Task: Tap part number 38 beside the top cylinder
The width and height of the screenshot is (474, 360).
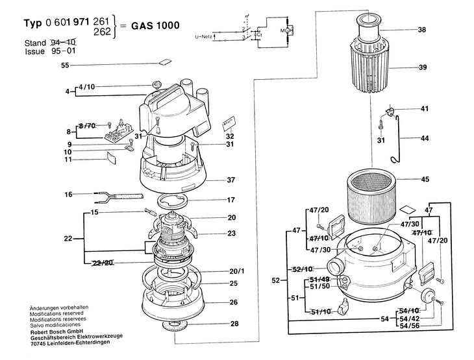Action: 422,30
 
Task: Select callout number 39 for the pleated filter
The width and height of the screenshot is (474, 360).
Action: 422,68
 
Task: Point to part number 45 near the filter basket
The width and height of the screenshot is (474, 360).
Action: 425,180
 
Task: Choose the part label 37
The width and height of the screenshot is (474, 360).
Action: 231,180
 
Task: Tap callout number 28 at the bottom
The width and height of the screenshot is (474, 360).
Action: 234,323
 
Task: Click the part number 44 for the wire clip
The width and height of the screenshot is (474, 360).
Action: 425,139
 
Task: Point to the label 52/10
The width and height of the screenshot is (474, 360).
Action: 303,269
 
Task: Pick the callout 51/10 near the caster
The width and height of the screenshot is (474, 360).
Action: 321,312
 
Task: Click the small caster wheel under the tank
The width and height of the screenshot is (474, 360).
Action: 343,307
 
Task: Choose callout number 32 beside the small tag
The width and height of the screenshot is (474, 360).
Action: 230,136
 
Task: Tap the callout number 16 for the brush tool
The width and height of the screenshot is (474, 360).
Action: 68,194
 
